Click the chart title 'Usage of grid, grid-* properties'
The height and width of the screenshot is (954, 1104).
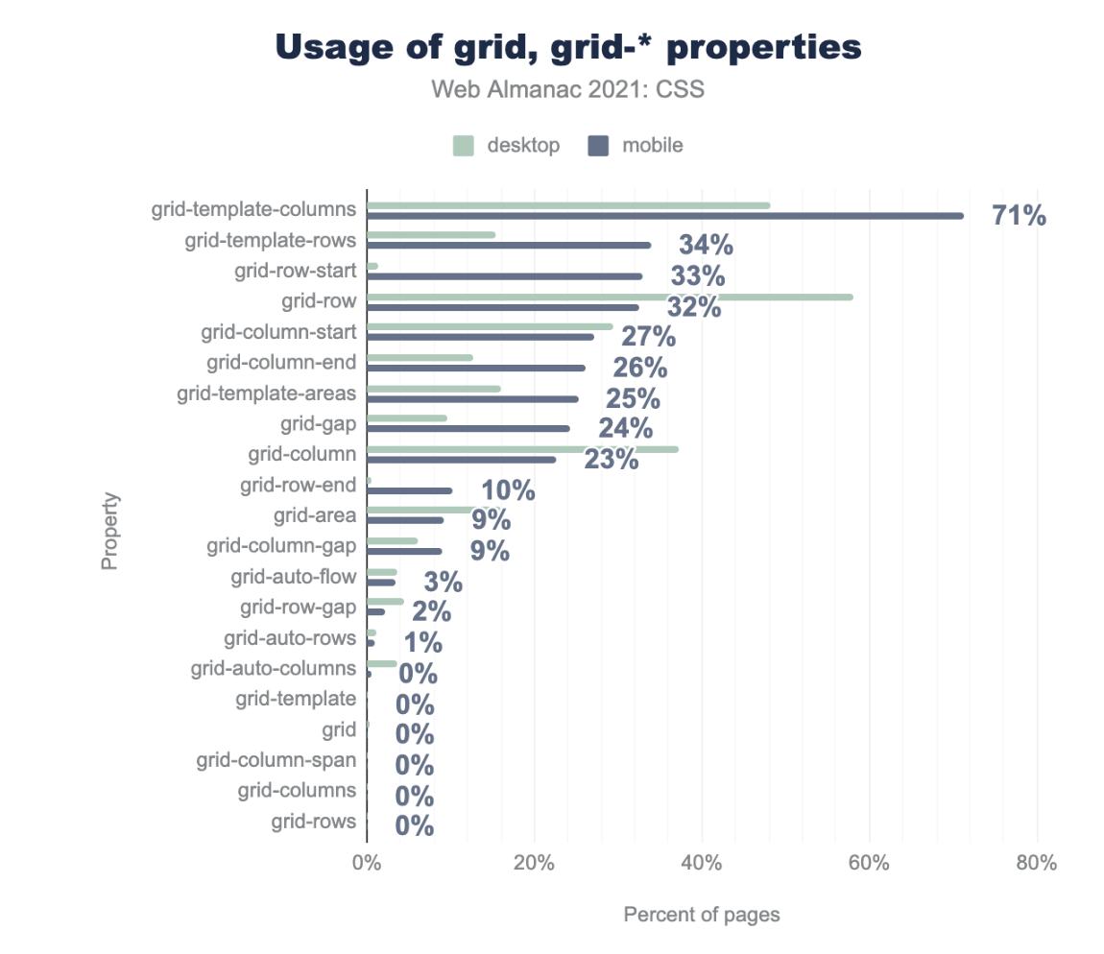pos(568,48)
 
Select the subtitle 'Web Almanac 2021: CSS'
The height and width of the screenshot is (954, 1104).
pos(568,89)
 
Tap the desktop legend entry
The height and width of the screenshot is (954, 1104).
pos(506,146)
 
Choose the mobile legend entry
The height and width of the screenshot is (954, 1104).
pos(636,146)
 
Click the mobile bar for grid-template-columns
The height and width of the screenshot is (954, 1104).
pos(664,215)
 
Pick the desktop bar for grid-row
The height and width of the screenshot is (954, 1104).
pos(610,297)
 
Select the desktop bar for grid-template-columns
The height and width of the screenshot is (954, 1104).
pos(568,205)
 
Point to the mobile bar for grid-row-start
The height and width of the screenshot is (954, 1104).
pos(504,276)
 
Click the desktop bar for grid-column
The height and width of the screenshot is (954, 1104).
pos(522,449)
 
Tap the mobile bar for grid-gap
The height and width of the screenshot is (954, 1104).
pos(468,428)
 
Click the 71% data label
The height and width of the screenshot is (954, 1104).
pos(1019,216)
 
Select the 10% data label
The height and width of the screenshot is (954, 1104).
pos(508,491)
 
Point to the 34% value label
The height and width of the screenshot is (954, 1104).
pos(706,246)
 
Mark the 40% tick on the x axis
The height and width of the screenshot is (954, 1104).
pos(702,863)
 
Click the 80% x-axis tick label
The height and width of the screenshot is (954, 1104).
pos(1037,863)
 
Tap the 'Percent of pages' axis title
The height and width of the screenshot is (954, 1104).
pos(702,915)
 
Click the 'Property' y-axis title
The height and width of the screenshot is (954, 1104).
pos(110,531)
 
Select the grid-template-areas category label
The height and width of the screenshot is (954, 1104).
pos(266,394)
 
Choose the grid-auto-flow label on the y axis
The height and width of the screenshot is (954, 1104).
pos(293,577)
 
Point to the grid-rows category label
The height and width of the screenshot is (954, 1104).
pos(313,822)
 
